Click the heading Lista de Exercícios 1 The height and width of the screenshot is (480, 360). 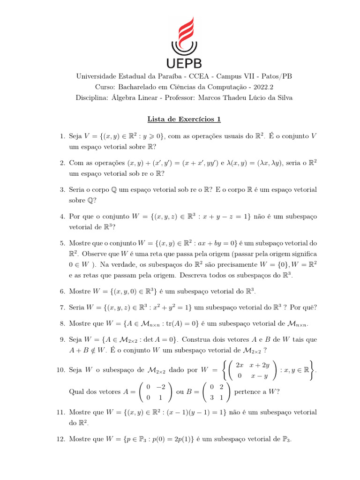pyautogui.click(x=180, y=119)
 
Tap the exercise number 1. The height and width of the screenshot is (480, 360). pyautogui.click(x=62, y=136)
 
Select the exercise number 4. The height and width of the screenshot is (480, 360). pyautogui.click(x=62, y=217)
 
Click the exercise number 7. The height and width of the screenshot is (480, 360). pyautogui.click(x=62, y=307)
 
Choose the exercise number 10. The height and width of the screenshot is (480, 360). pyautogui.click(x=60, y=370)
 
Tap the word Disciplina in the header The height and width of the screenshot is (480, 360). pyautogui.click(x=92, y=97)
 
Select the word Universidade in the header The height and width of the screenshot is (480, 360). pyautogui.click(x=98, y=76)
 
